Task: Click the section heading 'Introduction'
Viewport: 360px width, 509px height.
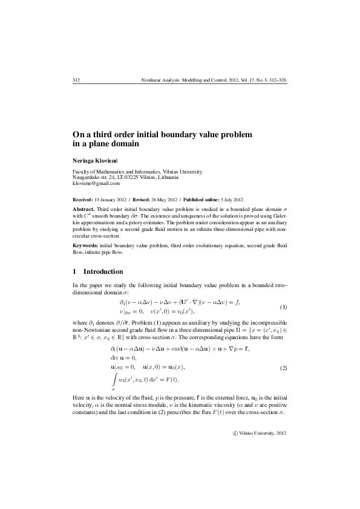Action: [x=103, y=271]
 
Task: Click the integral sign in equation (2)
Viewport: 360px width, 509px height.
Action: [x=113, y=380]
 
